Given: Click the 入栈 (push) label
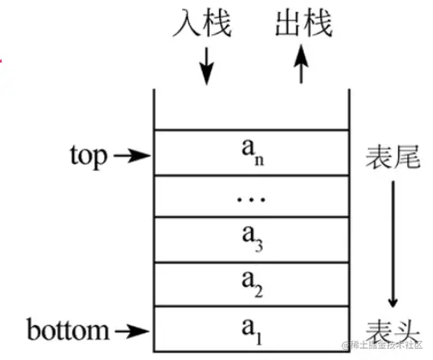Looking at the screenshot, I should click(207, 22).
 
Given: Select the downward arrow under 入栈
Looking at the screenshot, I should click(207, 66).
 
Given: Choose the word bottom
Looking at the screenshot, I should click(68, 329).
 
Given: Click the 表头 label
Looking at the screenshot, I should click(392, 331).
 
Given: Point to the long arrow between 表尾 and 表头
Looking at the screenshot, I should click(393, 241).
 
